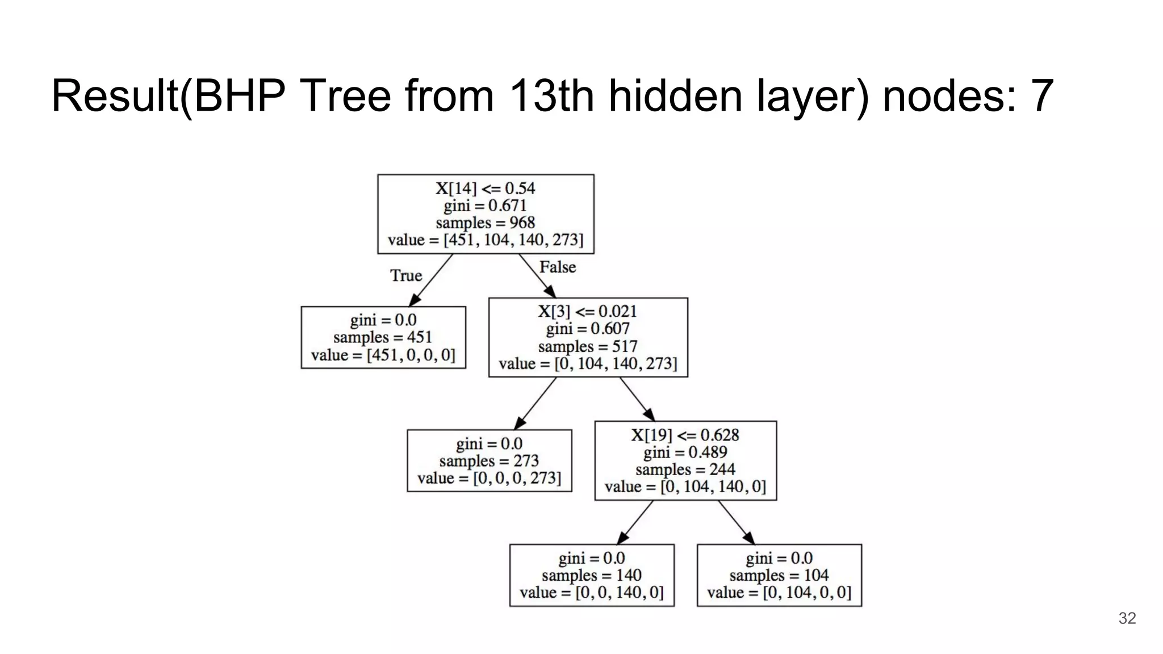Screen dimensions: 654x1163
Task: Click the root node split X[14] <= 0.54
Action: [486, 188]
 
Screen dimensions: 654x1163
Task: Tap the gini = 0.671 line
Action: [486, 206]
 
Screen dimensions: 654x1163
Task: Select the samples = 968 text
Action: [486, 223]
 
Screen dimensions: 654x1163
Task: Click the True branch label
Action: [406, 276]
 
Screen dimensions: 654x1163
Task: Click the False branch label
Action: [557, 267]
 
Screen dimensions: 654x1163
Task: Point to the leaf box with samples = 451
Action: [383, 338]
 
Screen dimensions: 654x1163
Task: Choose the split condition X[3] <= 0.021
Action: [588, 311]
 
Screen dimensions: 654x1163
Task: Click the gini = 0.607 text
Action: [588, 329]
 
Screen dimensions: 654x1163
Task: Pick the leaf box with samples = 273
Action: [489, 460]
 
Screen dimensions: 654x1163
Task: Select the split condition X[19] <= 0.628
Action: [685, 435]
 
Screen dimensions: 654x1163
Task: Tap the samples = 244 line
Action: [685, 469]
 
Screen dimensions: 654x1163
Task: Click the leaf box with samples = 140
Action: [592, 575]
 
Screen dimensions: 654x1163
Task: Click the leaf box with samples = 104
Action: [779, 575]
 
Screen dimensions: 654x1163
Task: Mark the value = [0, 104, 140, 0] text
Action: [685, 487]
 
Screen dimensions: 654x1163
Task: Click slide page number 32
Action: [1127, 618]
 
